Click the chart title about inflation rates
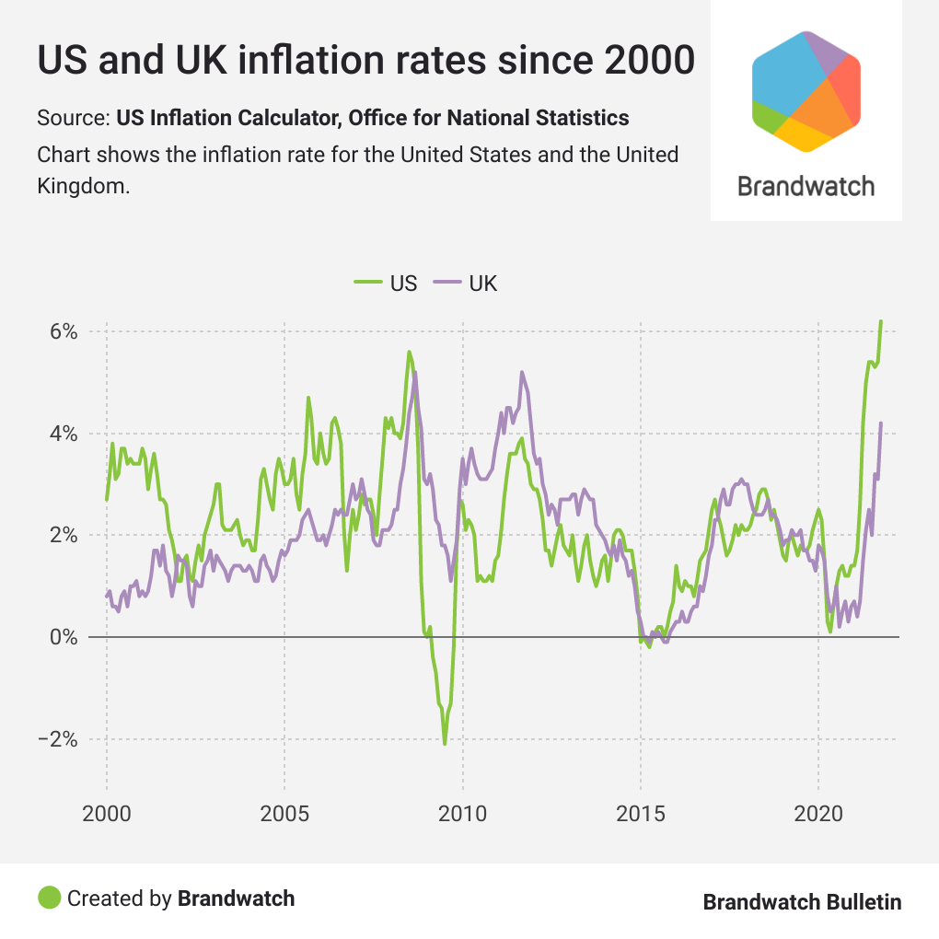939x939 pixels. point(365,61)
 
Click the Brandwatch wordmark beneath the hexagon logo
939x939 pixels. point(806,185)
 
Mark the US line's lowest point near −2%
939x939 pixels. point(445,744)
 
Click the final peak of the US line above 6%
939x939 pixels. point(881,321)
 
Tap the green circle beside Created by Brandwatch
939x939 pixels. point(49,898)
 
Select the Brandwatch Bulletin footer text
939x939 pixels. point(802,901)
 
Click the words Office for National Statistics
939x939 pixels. point(489,118)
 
